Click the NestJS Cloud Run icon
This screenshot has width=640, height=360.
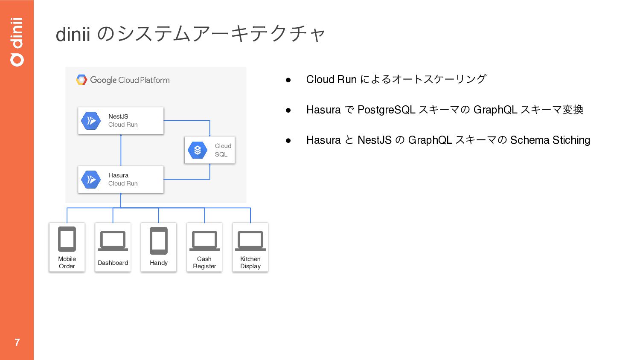91,121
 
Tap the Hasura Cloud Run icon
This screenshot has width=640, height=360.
91,180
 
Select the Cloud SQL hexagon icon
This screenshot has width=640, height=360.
198,150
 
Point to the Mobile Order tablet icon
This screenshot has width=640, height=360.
67,239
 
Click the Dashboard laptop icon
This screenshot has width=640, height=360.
113,241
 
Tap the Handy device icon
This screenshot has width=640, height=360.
159,241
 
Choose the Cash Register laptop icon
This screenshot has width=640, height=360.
204,241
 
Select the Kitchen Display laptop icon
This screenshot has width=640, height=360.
250,241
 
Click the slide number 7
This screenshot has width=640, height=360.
17,342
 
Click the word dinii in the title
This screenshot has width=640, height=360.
73,34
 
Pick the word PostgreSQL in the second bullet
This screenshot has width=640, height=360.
386,110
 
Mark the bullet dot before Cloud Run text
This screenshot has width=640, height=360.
288,80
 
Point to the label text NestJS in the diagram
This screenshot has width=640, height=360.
118,116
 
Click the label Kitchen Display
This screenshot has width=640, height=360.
250,262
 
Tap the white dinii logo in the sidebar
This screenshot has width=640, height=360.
17,42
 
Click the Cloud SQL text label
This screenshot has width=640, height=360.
223,150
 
